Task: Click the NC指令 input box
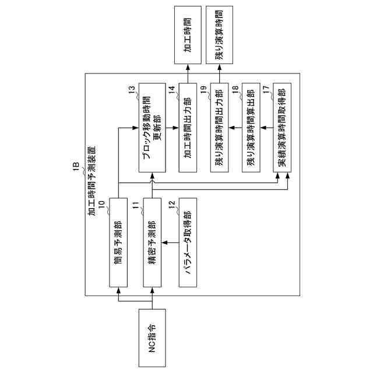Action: tap(152, 337)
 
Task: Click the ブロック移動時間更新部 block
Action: tap(152, 126)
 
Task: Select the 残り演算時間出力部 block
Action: tap(219, 126)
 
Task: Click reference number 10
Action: tap(102, 203)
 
